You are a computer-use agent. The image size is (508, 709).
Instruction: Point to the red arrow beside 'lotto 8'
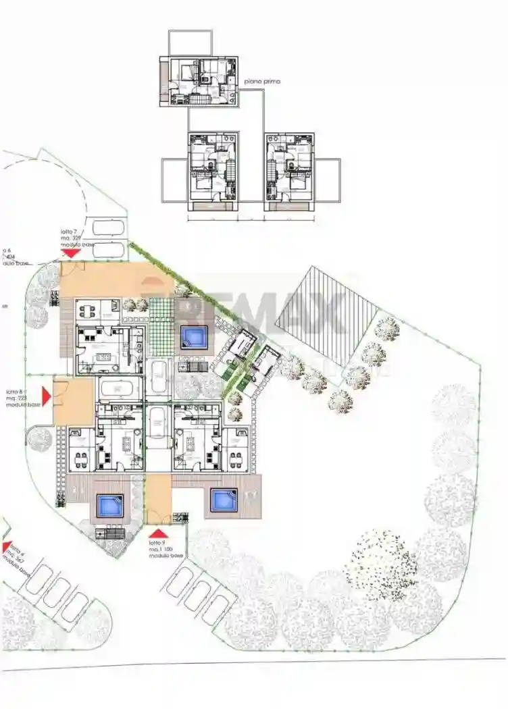(47, 396)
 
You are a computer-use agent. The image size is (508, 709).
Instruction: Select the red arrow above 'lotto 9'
(156, 533)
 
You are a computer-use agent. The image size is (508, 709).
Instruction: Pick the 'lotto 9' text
(156, 543)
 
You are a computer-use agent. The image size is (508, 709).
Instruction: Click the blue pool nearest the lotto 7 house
(193, 336)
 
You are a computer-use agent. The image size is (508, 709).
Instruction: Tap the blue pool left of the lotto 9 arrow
(109, 504)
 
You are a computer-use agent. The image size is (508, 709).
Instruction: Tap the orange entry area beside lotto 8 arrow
(73, 401)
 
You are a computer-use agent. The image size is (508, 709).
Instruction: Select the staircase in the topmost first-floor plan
(197, 99)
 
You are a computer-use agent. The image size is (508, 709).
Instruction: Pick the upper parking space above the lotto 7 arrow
(107, 227)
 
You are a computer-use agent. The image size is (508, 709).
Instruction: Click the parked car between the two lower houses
(158, 427)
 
